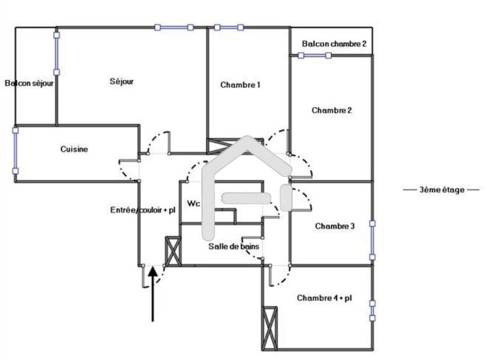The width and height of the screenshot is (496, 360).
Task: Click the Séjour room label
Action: pos(122,81)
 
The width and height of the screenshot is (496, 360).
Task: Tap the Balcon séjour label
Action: pos(29,82)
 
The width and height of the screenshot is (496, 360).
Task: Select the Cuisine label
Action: pos(74,149)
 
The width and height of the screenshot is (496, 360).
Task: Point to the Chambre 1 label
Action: pos(240,85)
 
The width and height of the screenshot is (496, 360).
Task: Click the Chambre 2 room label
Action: pos(332,110)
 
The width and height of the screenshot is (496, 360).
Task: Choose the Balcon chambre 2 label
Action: pos(334,44)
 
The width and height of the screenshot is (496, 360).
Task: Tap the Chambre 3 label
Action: pos(334,226)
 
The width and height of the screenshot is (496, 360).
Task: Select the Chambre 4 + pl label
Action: pos(324,298)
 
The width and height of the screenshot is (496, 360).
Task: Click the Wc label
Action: pos(193,203)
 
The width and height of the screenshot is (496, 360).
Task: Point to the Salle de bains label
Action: pos(233,246)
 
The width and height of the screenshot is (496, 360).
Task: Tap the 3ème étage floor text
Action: pos(441,190)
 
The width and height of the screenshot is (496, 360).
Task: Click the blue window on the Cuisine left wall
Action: pos(15,151)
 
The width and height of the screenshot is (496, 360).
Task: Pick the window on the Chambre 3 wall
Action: pos(373,239)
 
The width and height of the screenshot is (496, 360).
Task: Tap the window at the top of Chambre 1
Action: pos(228,27)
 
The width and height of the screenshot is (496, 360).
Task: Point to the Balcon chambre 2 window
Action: pos(314,55)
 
